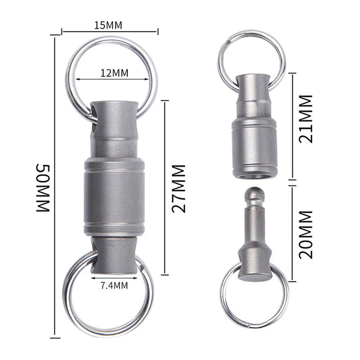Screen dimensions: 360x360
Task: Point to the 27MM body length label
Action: (179, 188)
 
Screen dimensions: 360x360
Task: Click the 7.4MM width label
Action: (113, 284)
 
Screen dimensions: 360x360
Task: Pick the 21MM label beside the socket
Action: (306, 118)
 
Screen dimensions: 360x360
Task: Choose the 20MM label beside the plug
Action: (306, 234)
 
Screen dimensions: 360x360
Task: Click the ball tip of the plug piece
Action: (255, 195)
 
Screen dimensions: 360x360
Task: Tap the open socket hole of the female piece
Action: (254, 175)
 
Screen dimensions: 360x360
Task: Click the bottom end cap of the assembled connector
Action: (113, 256)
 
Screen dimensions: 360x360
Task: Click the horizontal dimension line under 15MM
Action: (110, 32)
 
